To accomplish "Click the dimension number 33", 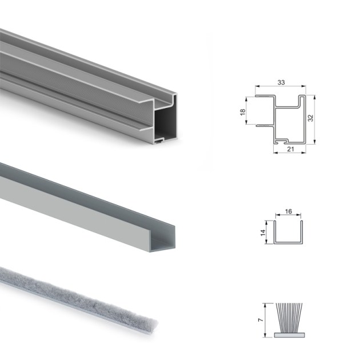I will point(281,83).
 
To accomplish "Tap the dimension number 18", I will point(242,113).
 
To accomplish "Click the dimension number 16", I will point(288,211).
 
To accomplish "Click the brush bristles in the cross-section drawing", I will point(289,317).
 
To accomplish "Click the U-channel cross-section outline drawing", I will point(288,234).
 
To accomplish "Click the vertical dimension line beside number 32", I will point(315,118).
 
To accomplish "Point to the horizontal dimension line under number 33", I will point(281,88).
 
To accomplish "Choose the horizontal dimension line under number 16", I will point(288,217).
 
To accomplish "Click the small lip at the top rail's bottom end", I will point(162,139).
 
